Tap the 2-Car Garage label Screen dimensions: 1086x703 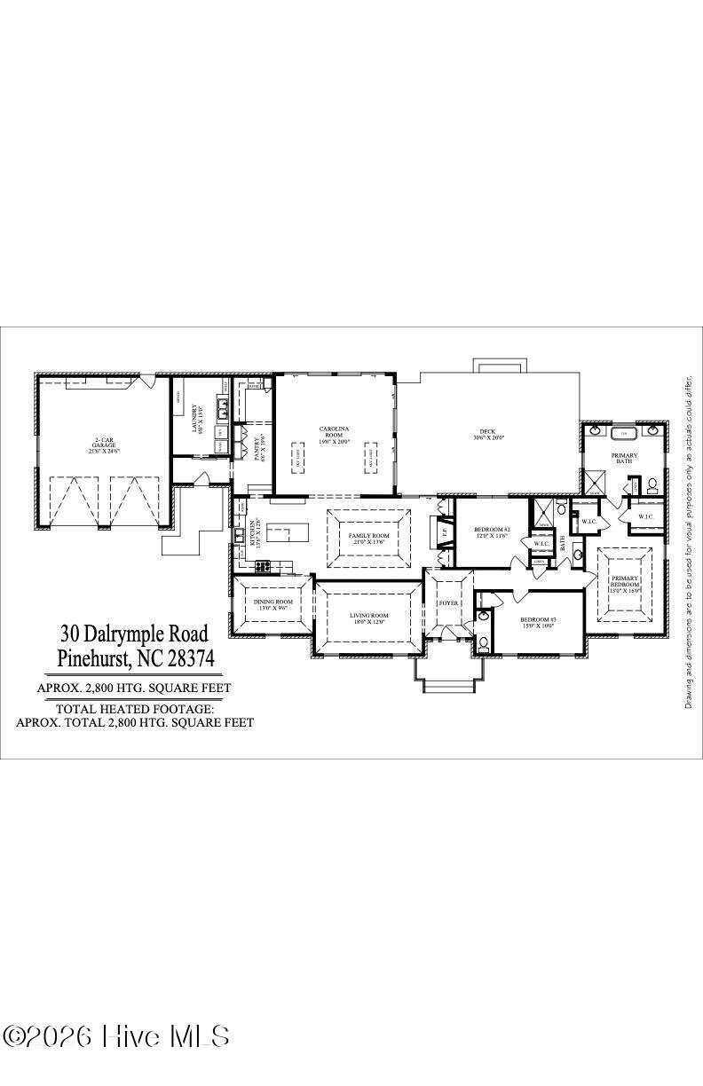coord(105,445)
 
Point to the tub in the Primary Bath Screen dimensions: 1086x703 coord(623,433)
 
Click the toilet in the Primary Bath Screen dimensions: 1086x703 coord(652,484)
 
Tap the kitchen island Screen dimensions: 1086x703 coord(285,535)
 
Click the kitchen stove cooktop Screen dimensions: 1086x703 coord(264,564)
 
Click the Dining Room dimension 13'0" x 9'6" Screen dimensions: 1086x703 coord(273,608)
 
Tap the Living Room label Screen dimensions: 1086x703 coord(368,618)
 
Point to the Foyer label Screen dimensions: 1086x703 coord(448,602)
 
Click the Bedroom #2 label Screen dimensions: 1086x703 coord(492,532)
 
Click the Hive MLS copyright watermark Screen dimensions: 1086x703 coord(117,1035)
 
